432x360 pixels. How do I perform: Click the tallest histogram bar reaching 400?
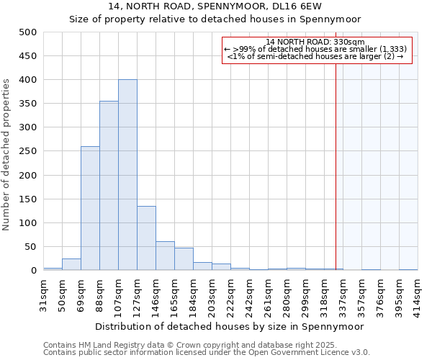[x=127, y=175]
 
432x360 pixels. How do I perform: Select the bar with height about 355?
[x=109, y=186]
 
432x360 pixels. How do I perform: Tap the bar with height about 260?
[x=90, y=208]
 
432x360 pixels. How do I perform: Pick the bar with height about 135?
[x=146, y=238]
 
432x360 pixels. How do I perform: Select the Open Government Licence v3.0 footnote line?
[x=207, y=353]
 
